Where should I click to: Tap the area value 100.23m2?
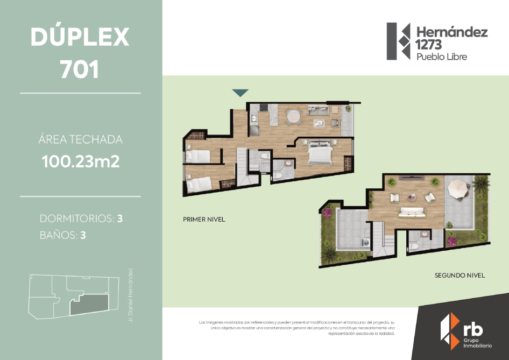click(80, 161)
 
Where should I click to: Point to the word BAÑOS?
click(58, 235)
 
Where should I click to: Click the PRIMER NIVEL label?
click(204, 220)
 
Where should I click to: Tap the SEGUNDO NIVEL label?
click(459, 276)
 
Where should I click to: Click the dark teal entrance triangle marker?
click(240, 93)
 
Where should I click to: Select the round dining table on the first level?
click(294, 116)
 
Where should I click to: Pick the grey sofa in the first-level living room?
click(319, 111)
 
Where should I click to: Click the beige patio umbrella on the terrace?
click(458, 188)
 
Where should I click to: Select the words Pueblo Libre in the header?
click(442, 57)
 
